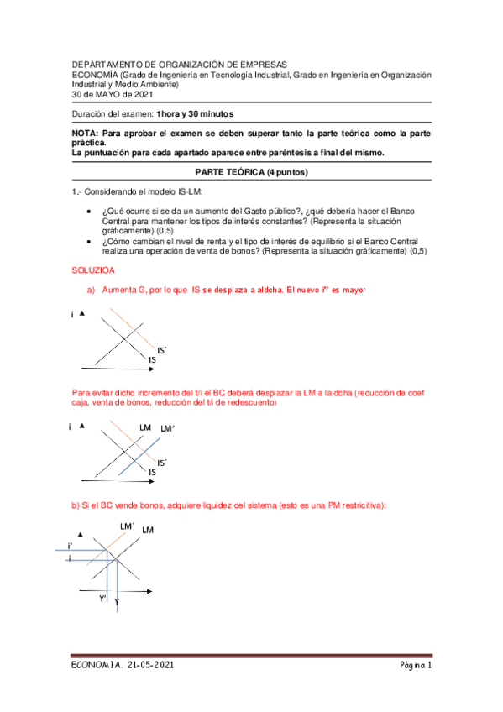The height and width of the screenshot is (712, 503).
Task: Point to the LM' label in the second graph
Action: pos(167,429)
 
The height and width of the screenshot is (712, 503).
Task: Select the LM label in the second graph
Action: pos(145,428)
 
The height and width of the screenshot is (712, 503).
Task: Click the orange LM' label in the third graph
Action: pos(128,526)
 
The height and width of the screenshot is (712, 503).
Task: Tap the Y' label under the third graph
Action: pos(102,598)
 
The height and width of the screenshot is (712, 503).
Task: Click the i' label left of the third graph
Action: pos(70,547)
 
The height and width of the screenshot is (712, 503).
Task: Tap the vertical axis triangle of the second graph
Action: pos(81,426)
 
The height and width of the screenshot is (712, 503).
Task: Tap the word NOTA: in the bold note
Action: pos(85,133)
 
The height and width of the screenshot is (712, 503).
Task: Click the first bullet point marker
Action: pos(90,210)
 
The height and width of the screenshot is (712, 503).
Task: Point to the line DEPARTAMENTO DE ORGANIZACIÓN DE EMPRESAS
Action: pos(179,64)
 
